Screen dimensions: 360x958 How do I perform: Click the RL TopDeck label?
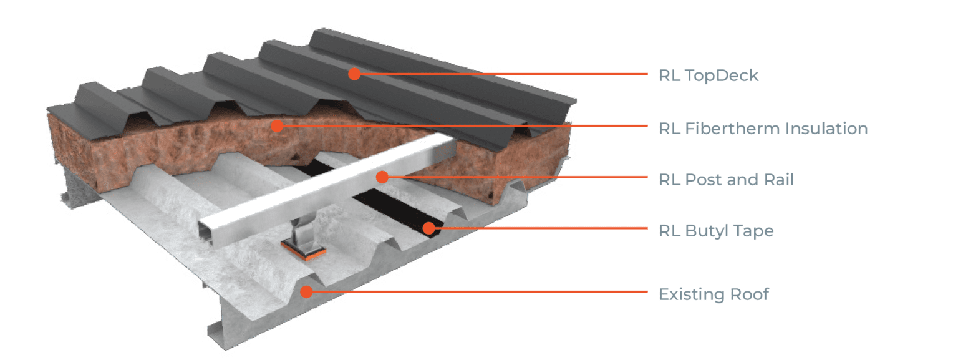(x=709, y=76)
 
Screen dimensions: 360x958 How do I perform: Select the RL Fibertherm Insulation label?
(x=763, y=129)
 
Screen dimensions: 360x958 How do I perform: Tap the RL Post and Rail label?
(x=726, y=180)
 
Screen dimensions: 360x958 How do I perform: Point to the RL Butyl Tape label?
(x=716, y=231)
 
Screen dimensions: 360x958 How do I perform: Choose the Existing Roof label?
(x=714, y=294)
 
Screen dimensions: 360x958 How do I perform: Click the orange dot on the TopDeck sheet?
(x=354, y=74)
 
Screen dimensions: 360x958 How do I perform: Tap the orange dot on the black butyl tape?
(x=428, y=228)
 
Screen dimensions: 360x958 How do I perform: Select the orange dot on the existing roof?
(x=306, y=291)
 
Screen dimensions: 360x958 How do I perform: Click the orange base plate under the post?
(x=302, y=251)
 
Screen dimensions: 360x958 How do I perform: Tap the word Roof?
(x=748, y=294)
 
